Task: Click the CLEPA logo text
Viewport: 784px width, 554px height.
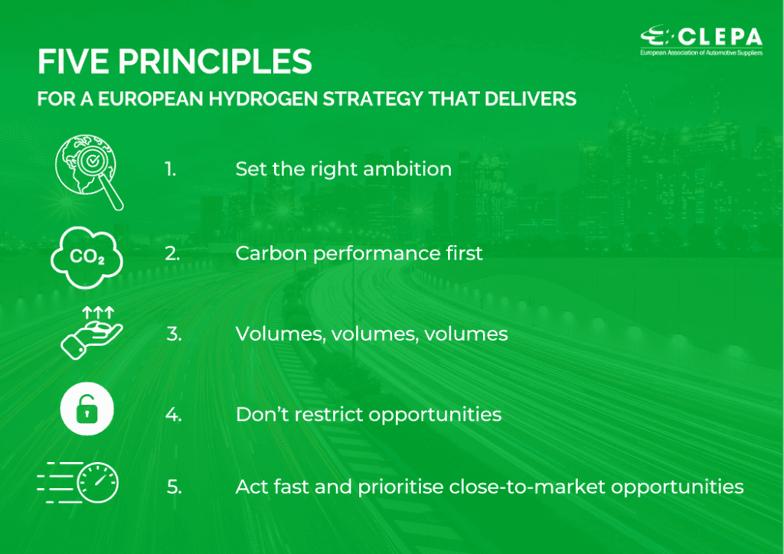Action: tap(720, 37)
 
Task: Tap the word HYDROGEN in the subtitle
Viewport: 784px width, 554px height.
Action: tap(263, 99)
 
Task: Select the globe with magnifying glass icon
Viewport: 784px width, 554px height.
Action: tap(89, 172)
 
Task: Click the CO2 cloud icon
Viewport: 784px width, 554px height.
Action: tap(87, 257)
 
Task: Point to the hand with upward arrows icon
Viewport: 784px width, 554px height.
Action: tap(91, 333)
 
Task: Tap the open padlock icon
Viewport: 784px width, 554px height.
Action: tap(87, 409)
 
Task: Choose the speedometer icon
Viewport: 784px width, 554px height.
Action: tap(78, 483)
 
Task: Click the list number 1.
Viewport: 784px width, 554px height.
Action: tap(171, 169)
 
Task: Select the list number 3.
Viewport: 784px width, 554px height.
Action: tap(174, 334)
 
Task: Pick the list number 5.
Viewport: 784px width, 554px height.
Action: tap(174, 487)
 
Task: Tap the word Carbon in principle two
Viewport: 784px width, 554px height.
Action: tap(271, 253)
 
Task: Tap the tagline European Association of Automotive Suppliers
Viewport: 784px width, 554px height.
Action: tap(701, 53)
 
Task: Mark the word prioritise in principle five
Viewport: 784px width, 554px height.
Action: tap(400, 487)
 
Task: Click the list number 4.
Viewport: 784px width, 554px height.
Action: tap(174, 415)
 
